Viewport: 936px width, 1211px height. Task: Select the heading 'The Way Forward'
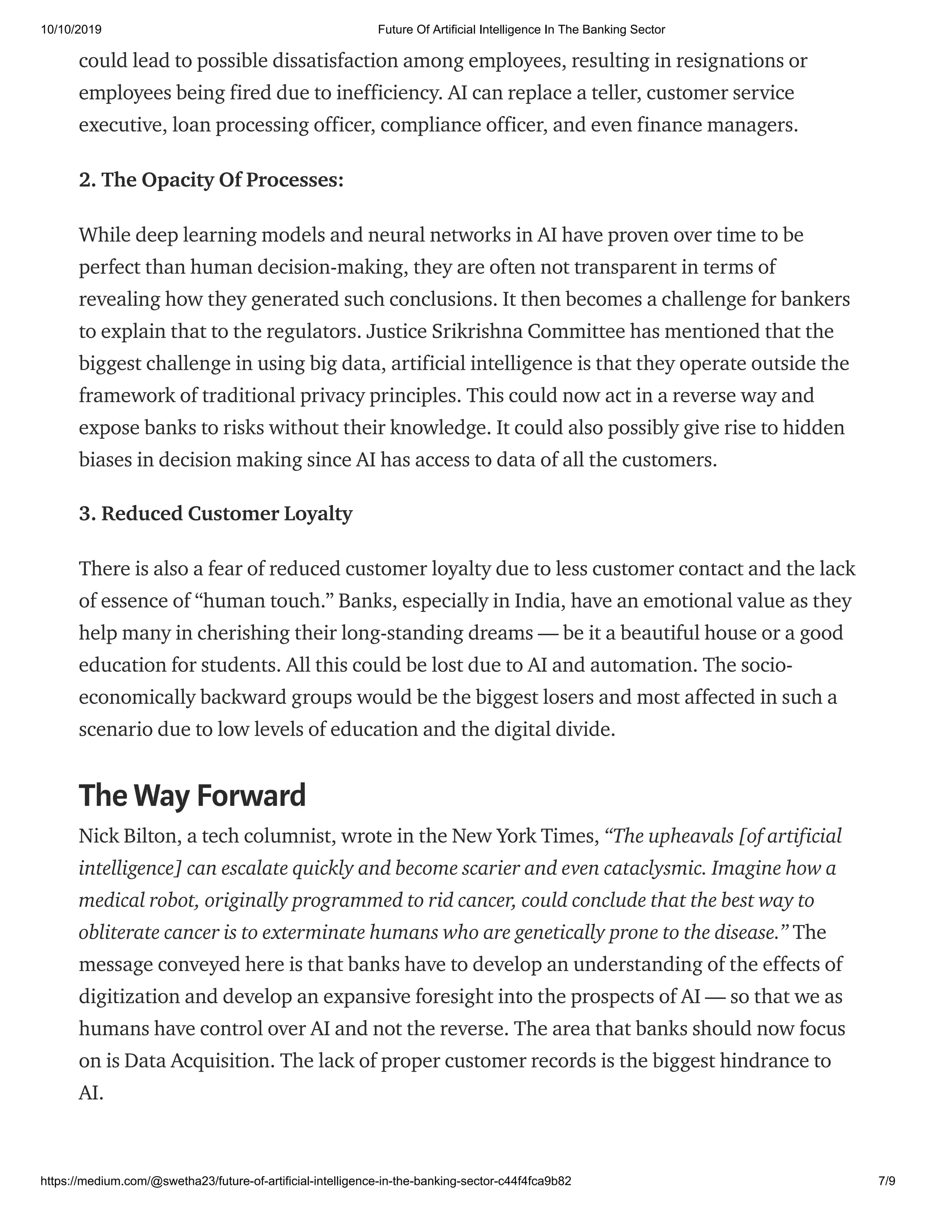(x=192, y=795)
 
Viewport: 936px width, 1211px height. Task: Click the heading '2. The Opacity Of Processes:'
(x=211, y=180)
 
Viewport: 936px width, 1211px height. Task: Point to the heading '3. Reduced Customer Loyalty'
(x=215, y=514)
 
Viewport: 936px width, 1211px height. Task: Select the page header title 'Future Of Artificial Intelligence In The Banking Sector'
(x=521, y=30)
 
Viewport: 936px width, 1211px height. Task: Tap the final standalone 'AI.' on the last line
(x=91, y=1093)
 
